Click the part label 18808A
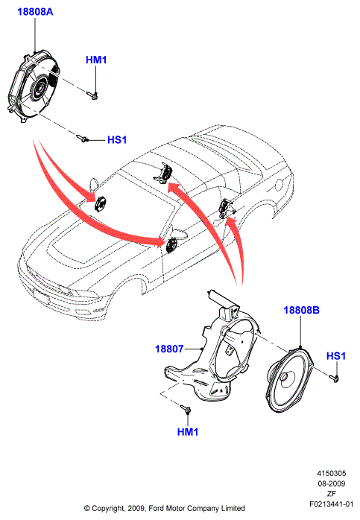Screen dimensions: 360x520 coord(35,12)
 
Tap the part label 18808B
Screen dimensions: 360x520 coord(301,310)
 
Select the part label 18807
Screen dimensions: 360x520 coord(169,349)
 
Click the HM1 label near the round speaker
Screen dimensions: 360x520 coord(96,60)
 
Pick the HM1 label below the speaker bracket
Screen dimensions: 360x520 coord(188,432)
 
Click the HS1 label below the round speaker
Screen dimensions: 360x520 coord(117,140)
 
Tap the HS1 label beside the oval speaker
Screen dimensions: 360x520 coord(336,356)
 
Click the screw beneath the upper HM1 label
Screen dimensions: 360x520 coord(92,95)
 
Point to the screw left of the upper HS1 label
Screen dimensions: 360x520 coord(82,138)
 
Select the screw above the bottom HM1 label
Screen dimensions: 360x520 coord(185,408)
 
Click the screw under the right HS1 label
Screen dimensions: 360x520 coord(334,378)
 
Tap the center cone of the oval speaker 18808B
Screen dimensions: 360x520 coord(285,378)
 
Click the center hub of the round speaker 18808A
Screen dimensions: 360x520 coord(37,89)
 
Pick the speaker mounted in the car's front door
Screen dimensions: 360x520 coord(171,245)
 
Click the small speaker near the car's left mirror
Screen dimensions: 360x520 coord(100,203)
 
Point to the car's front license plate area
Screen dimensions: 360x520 coord(41,296)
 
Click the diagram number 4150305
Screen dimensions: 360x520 coord(332,473)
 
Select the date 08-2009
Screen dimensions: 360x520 coord(332,483)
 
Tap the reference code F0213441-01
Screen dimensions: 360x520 coord(332,504)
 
